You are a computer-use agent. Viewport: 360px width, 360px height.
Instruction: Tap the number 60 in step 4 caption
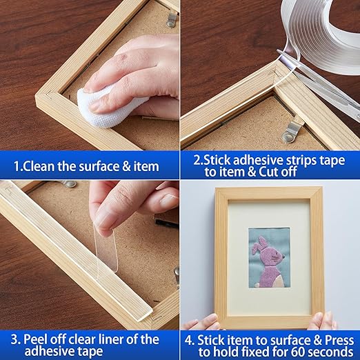click(281, 352)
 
